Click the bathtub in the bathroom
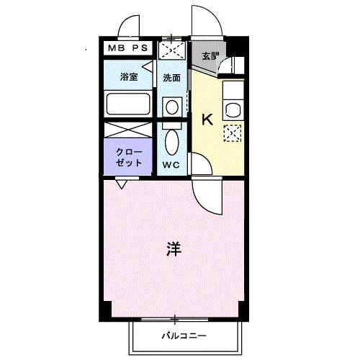point(128,104)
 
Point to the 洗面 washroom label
point(171,78)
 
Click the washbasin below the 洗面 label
point(171,107)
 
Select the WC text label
point(172,165)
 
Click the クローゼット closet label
point(129,157)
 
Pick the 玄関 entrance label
point(209,56)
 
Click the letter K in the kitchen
point(207,120)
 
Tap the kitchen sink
point(233,110)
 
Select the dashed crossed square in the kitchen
point(233,134)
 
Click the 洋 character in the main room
point(174,249)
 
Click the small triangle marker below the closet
point(123,185)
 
